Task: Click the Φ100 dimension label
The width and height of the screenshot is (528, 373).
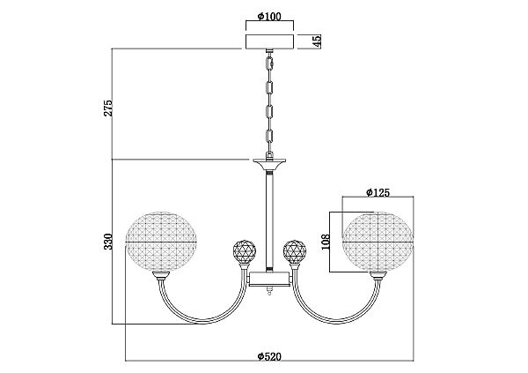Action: [269, 16]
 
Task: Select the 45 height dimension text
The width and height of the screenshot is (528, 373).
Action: [317, 41]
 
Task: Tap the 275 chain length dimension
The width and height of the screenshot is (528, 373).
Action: [108, 108]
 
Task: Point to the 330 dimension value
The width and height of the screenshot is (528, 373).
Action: [108, 242]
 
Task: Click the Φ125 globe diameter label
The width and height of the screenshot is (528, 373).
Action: [378, 192]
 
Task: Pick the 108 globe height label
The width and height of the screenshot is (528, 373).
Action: [326, 242]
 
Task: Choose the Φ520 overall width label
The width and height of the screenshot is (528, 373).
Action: [269, 356]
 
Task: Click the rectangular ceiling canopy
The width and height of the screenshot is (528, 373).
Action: [270, 41]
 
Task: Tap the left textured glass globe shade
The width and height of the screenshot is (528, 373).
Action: [161, 242]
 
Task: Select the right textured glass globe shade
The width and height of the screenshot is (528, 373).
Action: [378, 242]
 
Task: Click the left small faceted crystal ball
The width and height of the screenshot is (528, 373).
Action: [245, 251]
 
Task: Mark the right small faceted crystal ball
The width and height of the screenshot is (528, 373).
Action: [295, 251]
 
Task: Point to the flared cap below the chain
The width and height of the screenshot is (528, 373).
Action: [269, 164]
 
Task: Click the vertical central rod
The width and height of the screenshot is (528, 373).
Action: [269, 220]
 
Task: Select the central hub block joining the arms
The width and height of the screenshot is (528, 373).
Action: [269, 279]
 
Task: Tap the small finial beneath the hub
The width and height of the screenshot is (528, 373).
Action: [269, 290]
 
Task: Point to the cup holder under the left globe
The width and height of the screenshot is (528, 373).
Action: [161, 275]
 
